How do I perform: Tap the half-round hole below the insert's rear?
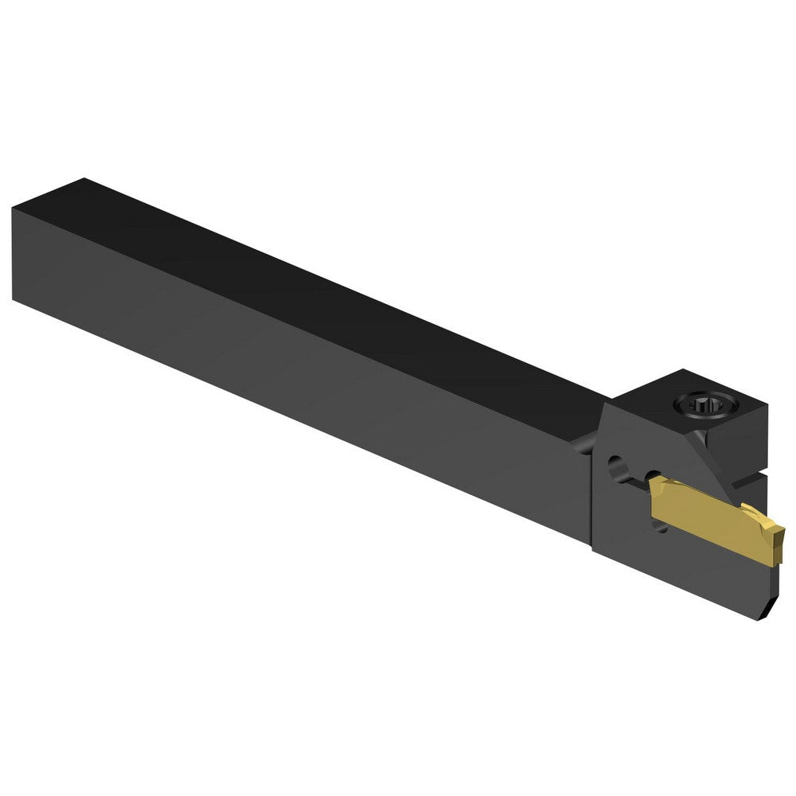coord(661,525)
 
